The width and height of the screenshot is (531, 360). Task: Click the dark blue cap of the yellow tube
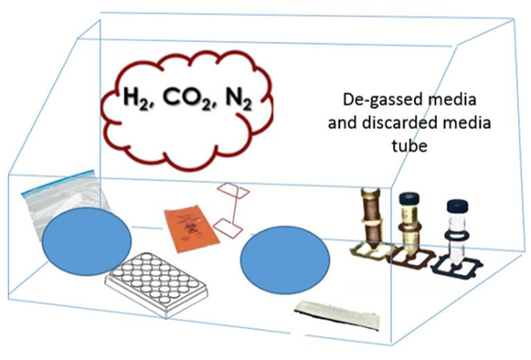pyautogui.click(x=410, y=197)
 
